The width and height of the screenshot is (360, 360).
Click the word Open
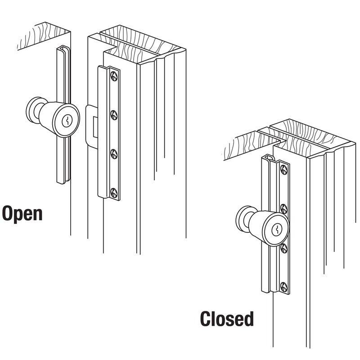click(22, 213)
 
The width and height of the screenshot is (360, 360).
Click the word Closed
click(227, 319)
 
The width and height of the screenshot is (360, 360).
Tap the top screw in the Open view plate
click(114, 76)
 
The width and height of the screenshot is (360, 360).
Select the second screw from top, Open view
click(114, 114)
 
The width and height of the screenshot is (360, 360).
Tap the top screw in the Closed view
click(283, 170)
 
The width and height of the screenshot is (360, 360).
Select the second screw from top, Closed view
click(283, 208)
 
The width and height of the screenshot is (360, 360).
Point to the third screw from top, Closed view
click(283, 247)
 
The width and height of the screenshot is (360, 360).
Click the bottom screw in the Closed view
click(283, 286)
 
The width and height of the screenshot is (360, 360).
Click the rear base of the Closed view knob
click(243, 220)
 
